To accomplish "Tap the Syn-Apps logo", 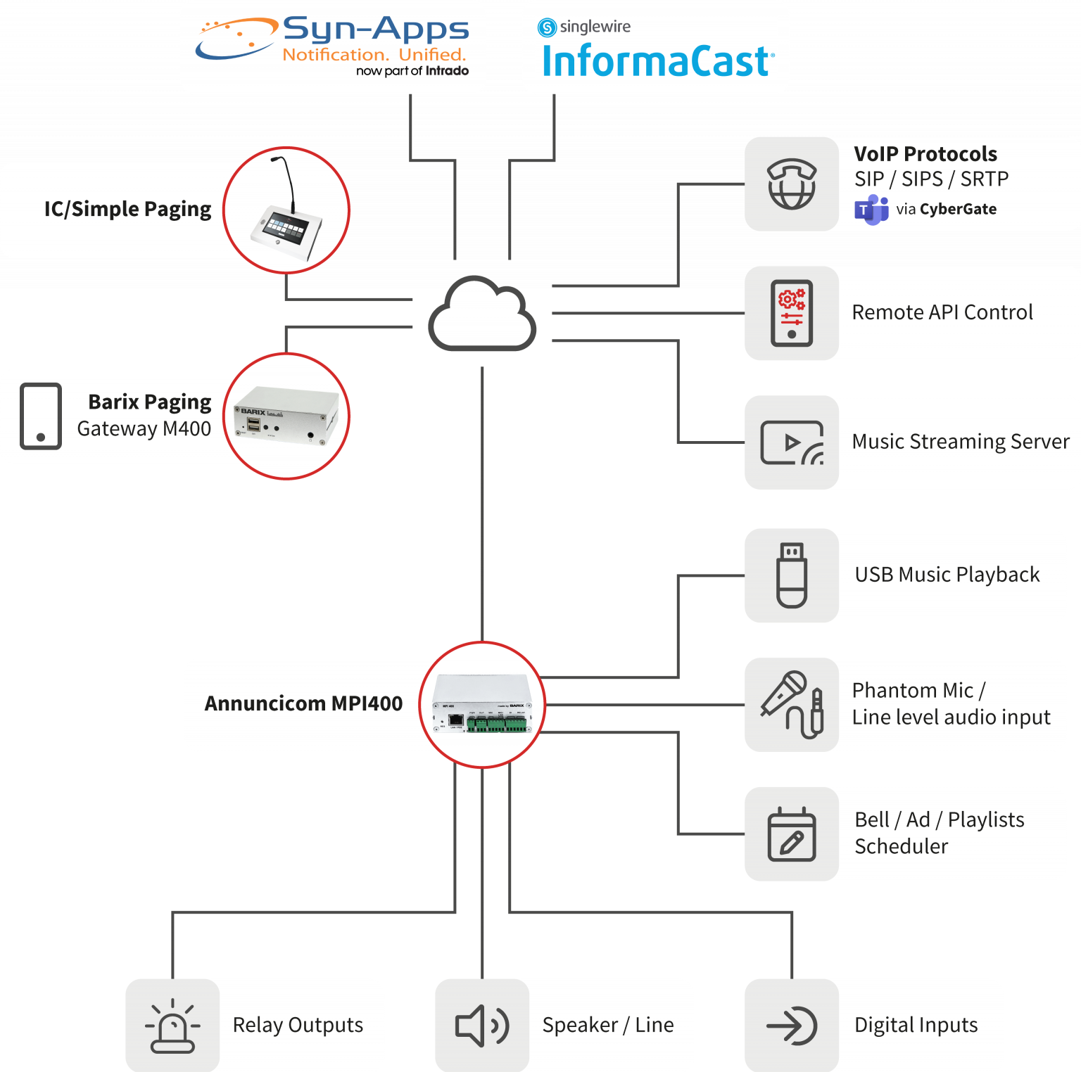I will click(x=333, y=46).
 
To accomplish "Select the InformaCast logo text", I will click(x=657, y=61).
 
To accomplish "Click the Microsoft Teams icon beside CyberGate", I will click(x=871, y=210).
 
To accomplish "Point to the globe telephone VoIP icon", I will click(x=792, y=184).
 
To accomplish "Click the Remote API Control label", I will click(x=942, y=312).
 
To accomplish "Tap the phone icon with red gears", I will click(x=792, y=313).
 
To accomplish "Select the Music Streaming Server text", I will click(x=961, y=442).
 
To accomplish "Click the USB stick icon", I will click(x=792, y=575).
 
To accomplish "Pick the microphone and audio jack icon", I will click(x=792, y=704).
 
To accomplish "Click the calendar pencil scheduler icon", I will click(x=792, y=834).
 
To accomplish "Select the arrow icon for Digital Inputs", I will click(x=792, y=1026).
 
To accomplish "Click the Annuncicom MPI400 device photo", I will click(x=483, y=705).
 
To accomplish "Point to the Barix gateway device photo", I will click(x=286, y=416).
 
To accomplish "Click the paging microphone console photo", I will click(x=286, y=210).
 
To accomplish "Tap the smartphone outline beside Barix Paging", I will click(x=41, y=416).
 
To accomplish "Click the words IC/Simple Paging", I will click(x=127, y=210).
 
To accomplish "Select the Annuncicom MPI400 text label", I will click(x=303, y=704).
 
